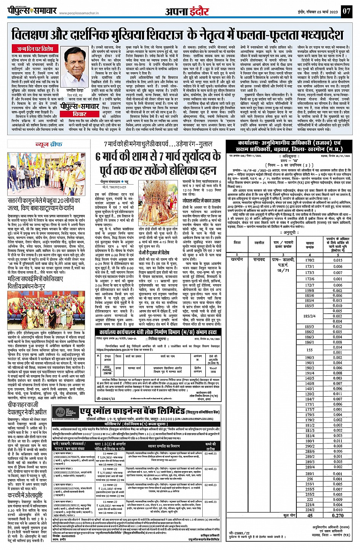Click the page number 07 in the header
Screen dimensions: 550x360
(346, 11)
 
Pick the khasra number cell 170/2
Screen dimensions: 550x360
(310, 260)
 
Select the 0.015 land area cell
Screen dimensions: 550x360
(338, 260)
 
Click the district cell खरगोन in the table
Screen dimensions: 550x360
(237, 259)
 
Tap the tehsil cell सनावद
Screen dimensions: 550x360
(259, 259)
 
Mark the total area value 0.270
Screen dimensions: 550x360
(338, 515)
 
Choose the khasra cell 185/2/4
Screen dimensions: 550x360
(310, 316)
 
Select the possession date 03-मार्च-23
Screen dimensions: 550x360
(210, 502)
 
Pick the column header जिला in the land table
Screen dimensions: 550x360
(237, 242)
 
